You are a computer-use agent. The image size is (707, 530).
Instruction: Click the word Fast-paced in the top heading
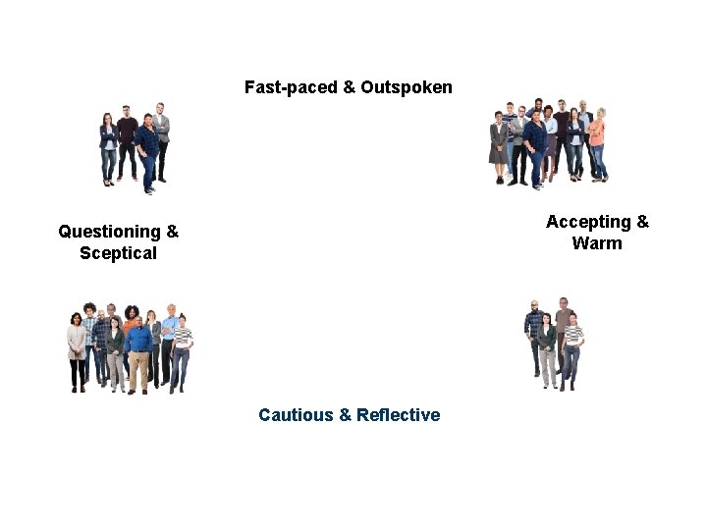point(290,87)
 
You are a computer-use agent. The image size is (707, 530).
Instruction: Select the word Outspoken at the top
point(407,87)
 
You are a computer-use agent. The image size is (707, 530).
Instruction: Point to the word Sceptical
point(118,253)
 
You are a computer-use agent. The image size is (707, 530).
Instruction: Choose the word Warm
point(597,243)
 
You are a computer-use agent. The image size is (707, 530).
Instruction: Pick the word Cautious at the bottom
point(296,415)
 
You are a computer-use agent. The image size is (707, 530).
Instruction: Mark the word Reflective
point(398,415)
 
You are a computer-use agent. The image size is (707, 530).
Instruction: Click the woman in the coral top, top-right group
point(597,142)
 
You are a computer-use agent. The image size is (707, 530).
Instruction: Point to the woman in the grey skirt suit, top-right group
point(499,145)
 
